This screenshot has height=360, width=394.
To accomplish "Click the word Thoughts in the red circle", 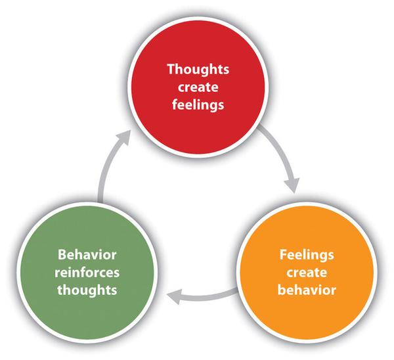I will pyautogui.click(x=196, y=68).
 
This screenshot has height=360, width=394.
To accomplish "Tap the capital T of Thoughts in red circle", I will pyautogui.click(x=170, y=68).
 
